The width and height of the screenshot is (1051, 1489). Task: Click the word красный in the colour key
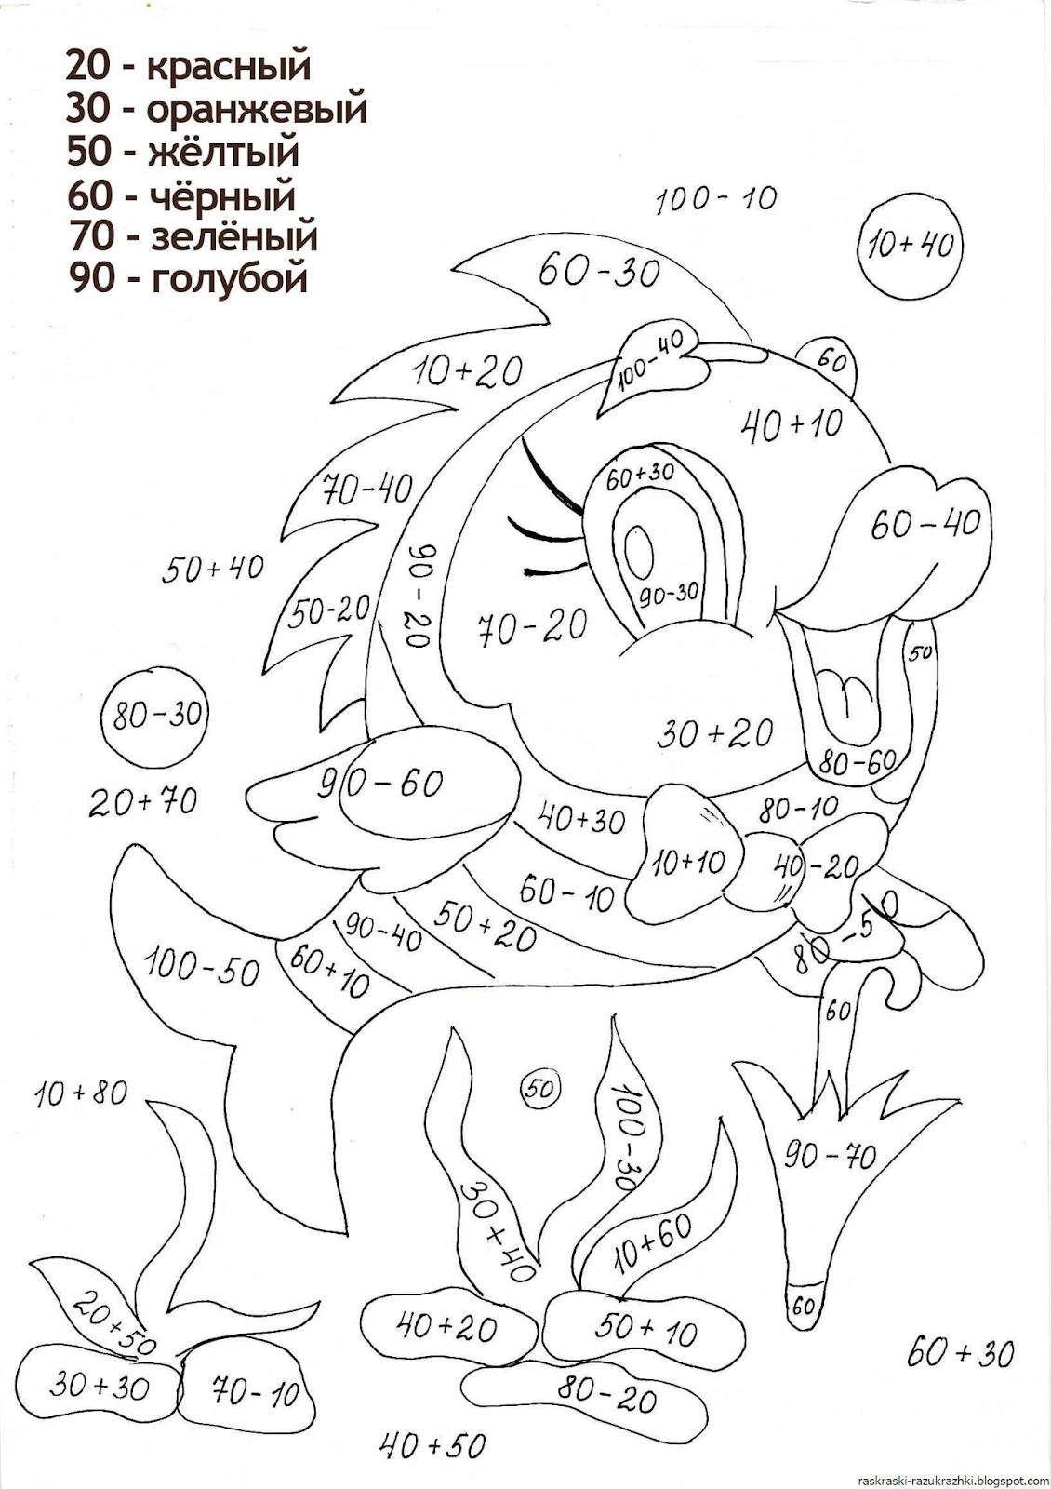tap(229, 67)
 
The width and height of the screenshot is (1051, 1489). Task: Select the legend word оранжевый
tap(257, 111)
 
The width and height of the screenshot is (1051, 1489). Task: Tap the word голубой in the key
tap(229, 277)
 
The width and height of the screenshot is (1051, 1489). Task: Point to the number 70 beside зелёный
tap(89, 235)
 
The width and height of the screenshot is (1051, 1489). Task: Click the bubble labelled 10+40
tap(910, 246)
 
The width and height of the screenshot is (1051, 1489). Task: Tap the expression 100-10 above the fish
tap(715, 199)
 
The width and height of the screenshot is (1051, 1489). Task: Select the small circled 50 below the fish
tap(540, 1087)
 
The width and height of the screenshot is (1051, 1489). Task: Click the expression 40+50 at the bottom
tap(432, 1444)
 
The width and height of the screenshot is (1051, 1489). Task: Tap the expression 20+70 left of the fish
tap(143, 800)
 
